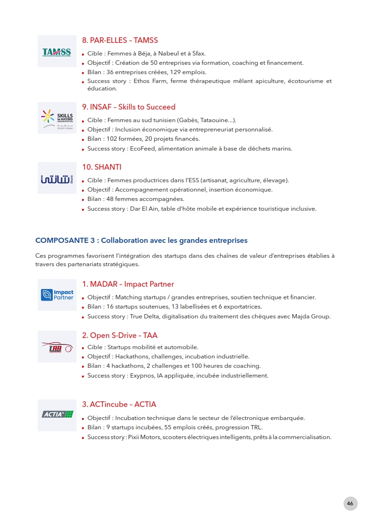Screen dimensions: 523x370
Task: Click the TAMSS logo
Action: pyautogui.click(x=56, y=51)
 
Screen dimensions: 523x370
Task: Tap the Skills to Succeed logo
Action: pyautogui.click(x=56, y=118)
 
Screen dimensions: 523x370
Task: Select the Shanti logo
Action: pyautogui.click(x=56, y=178)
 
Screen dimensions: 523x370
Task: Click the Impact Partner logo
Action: pyautogui.click(x=56, y=295)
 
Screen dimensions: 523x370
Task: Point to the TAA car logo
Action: pyautogui.click(x=56, y=347)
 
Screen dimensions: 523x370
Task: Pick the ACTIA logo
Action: pyautogui.click(x=56, y=414)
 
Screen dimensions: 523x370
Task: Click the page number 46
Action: pyautogui.click(x=350, y=503)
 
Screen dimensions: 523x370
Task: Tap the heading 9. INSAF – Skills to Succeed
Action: pyautogui.click(x=129, y=107)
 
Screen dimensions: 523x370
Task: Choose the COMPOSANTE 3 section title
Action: pyautogui.click(x=141, y=241)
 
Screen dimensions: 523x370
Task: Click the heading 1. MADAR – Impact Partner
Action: pyautogui.click(x=128, y=284)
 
